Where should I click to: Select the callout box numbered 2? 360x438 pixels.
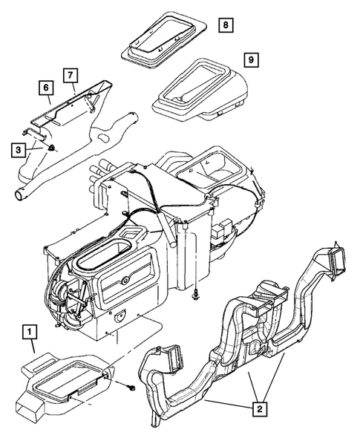pyautogui.click(x=258, y=408)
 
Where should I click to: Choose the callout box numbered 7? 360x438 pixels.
pyautogui.click(x=71, y=75)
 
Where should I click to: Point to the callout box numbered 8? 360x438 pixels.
pyautogui.click(x=225, y=25)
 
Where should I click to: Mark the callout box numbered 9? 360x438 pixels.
pyautogui.click(x=252, y=57)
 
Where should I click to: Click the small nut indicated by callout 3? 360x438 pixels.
pyautogui.click(x=50, y=150)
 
